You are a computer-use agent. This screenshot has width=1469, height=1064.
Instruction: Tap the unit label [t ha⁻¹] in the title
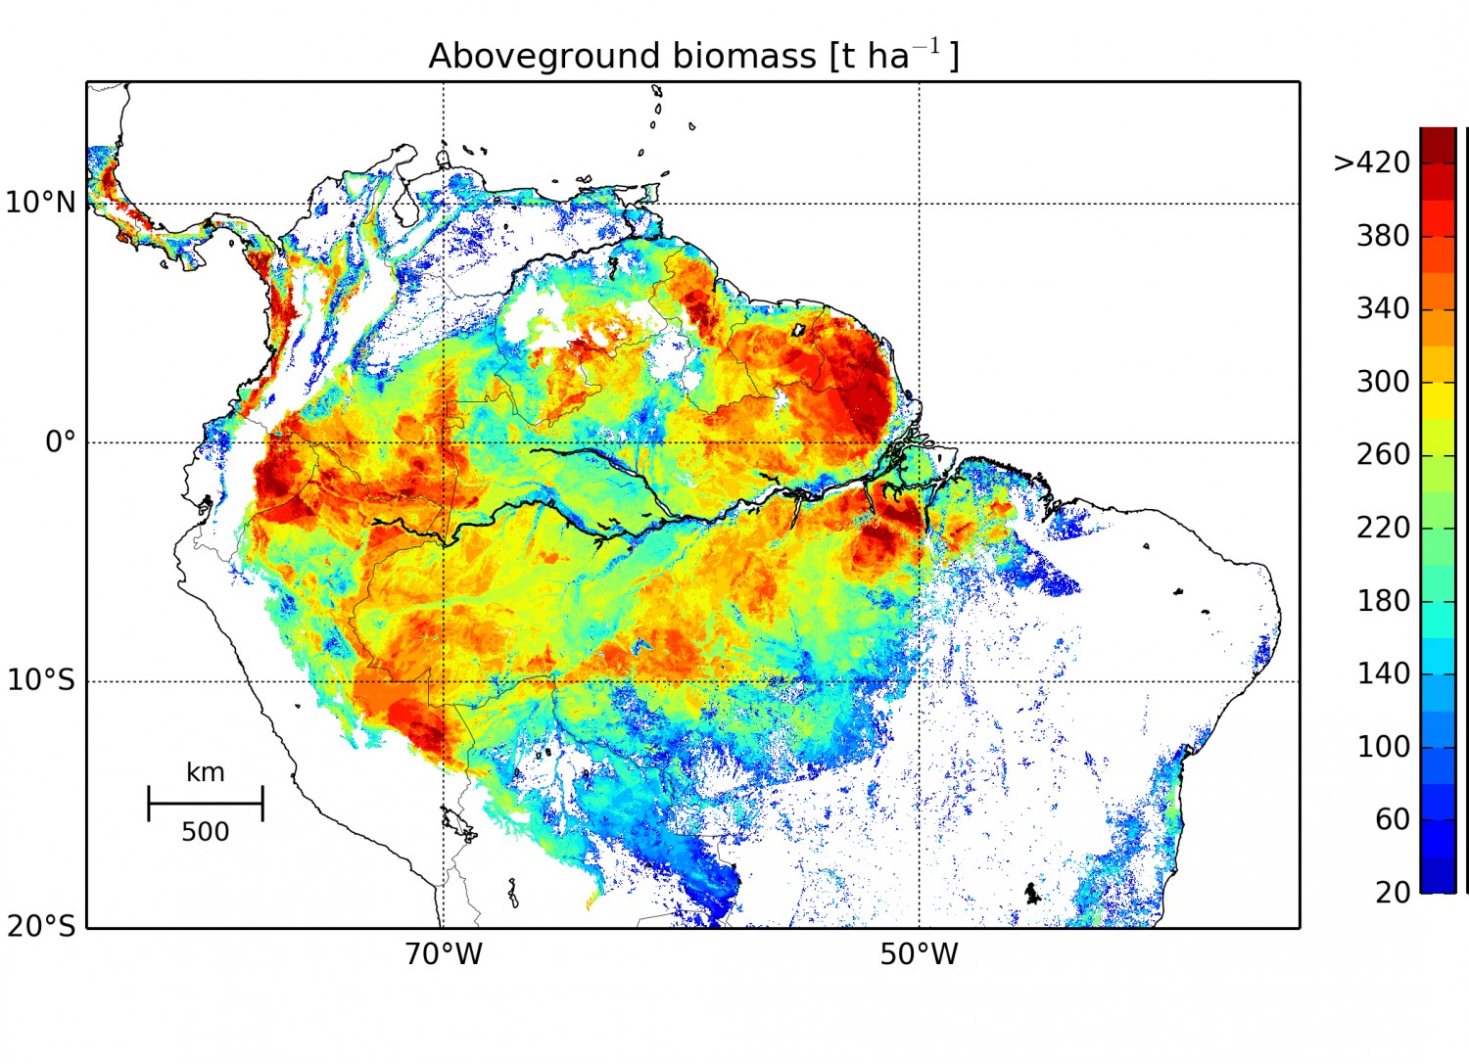coord(894,56)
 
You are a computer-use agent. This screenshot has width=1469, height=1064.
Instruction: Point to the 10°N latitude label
coord(40,203)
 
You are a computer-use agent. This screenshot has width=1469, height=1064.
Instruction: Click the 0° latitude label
coord(60,442)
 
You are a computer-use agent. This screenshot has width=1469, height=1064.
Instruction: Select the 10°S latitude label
coord(41,681)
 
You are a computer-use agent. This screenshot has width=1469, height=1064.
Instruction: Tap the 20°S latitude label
coord(41,925)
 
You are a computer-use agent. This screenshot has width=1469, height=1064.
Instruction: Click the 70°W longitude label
coord(444,954)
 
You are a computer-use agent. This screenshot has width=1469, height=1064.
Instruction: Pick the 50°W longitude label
coord(919,954)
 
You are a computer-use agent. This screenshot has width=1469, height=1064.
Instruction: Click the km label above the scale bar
coord(206,772)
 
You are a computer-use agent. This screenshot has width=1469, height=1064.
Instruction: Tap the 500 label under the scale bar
coord(206,832)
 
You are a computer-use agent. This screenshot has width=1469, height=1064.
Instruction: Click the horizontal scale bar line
coord(206,804)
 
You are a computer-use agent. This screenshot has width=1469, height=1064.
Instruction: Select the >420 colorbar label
coord(1372,162)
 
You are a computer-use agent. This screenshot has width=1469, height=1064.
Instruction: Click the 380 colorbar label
coord(1383,236)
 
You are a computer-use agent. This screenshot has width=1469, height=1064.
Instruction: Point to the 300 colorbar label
coord(1383,382)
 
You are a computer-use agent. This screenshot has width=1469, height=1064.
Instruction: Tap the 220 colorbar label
coord(1383,528)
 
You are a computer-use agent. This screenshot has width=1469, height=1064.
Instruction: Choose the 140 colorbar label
coord(1383,673)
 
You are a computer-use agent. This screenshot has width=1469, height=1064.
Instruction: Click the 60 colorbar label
coord(1392,819)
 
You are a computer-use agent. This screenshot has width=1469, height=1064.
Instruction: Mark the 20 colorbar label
coord(1392,892)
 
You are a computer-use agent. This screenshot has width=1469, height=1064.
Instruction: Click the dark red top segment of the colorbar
coord(1438,142)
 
